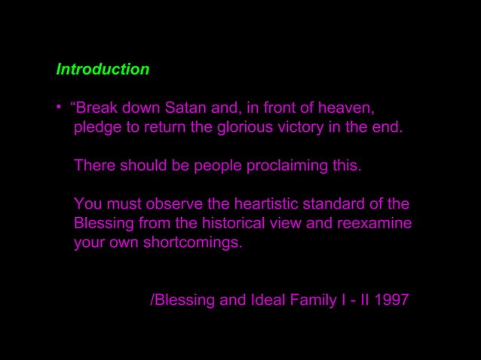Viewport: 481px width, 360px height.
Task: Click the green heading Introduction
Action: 103,69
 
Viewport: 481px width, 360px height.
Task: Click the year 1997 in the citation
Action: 392,300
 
